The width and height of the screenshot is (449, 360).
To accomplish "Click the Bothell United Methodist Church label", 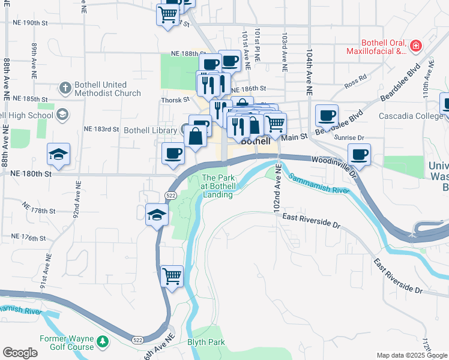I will (107, 89).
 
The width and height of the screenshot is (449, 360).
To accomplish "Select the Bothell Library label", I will (149, 130).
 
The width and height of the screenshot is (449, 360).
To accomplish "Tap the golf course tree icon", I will (103, 342).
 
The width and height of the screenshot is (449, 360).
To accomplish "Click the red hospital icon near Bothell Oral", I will (415, 46).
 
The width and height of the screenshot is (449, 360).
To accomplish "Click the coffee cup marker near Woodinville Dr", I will (359, 155).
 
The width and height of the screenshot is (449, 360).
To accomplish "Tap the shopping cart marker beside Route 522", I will (172, 277).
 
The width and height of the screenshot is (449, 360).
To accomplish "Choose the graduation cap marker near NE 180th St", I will (58, 155).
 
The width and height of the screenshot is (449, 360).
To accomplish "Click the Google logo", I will (20, 353).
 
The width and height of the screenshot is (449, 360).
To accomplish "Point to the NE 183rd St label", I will (102, 129).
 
